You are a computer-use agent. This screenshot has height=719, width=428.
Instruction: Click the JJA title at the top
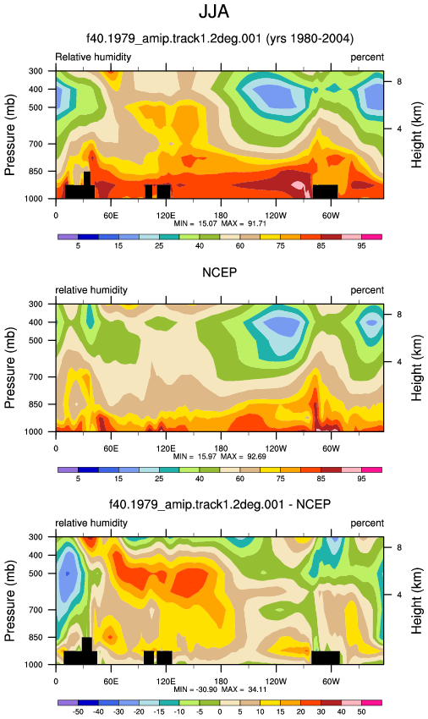pos(214,12)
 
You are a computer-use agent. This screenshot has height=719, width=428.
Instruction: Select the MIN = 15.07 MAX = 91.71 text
pos(220,223)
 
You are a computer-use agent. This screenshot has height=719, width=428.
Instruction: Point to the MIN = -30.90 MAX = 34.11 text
pos(220,689)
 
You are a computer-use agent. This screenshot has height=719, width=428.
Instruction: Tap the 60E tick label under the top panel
pos(111,216)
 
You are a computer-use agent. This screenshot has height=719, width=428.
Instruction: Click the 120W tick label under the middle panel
pos(276,448)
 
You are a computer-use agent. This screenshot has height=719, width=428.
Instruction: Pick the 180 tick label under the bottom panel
pos(221,682)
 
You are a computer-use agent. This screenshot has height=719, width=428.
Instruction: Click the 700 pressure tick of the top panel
pos(36,144)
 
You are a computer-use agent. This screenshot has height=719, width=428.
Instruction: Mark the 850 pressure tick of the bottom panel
pos(36,638)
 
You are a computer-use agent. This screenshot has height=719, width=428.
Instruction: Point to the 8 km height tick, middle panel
pos(399,315)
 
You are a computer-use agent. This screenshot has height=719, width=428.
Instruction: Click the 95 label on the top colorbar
pos(361,246)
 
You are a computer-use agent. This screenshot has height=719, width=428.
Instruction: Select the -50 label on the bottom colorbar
pos(78,711)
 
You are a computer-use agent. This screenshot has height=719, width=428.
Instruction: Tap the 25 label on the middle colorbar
pos(159,479)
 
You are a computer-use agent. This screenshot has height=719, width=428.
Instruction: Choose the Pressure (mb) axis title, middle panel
pos(10,368)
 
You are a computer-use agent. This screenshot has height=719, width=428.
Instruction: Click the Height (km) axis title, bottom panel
pos(416,601)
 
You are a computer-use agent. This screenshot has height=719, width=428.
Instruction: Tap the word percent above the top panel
pos(367,58)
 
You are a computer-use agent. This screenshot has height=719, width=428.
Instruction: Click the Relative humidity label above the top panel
pos(93,57)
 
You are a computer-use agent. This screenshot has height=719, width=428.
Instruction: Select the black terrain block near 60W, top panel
pos(326,191)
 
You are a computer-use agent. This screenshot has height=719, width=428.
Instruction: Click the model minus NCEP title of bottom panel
pos(220,504)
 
